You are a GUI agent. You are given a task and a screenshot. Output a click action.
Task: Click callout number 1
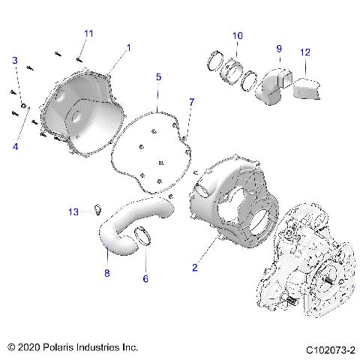click(x=128, y=47)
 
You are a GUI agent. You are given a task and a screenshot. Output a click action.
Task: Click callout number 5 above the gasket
click(x=159, y=77)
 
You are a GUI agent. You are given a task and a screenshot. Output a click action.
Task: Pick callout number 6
click(x=145, y=279)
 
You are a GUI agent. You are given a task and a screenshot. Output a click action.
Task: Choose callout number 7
click(x=191, y=101)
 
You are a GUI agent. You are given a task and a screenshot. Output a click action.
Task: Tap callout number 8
click(x=106, y=273)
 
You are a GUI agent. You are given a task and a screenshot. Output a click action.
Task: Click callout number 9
click(x=278, y=49)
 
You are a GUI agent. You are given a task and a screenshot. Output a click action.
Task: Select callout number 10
click(x=238, y=35)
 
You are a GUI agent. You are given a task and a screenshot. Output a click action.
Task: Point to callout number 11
click(x=89, y=34)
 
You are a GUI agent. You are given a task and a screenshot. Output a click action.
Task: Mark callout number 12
click(x=304, y=52)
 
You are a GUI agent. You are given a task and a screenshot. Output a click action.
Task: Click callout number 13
click(x=73, y=213)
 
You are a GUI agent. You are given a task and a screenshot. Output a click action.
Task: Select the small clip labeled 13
click(x=97, y=209)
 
